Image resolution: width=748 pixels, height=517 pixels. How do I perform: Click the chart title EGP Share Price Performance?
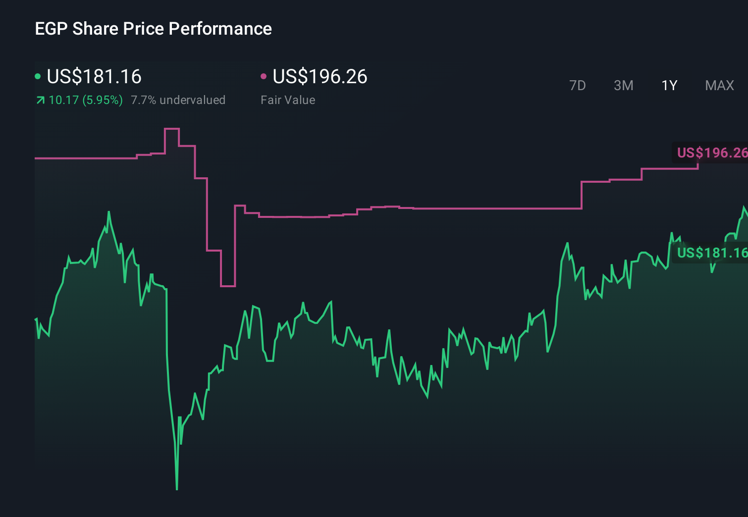[153, 29]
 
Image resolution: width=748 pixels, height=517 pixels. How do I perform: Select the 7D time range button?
[577, 86]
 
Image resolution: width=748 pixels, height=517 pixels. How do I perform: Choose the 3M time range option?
[623, 86]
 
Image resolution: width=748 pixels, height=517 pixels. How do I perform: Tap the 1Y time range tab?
[669, 86]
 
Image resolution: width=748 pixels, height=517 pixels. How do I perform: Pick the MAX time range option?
[719, 86]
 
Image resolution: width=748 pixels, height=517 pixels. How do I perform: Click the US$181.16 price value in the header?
[94, 77]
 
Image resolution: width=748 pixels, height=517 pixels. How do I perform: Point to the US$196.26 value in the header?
[320, 77]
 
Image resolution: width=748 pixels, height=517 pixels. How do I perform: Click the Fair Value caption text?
[288, 100]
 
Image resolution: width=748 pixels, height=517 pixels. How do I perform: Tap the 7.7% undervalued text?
[178, 100]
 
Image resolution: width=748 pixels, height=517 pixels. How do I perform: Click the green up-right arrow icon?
[40, 101]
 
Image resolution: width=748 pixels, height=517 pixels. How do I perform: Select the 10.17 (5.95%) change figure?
[86, 100]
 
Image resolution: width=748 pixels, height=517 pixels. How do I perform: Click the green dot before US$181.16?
[38, 76]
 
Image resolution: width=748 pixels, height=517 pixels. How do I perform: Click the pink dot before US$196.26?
[264, 76]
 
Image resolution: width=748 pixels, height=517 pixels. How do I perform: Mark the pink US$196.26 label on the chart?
[711, 153]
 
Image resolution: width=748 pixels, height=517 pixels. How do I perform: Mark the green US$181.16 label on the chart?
[711, 253]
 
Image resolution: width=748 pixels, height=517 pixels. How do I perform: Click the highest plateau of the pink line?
[171, 129]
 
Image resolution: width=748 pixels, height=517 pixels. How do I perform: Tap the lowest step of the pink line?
[228, 286]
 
